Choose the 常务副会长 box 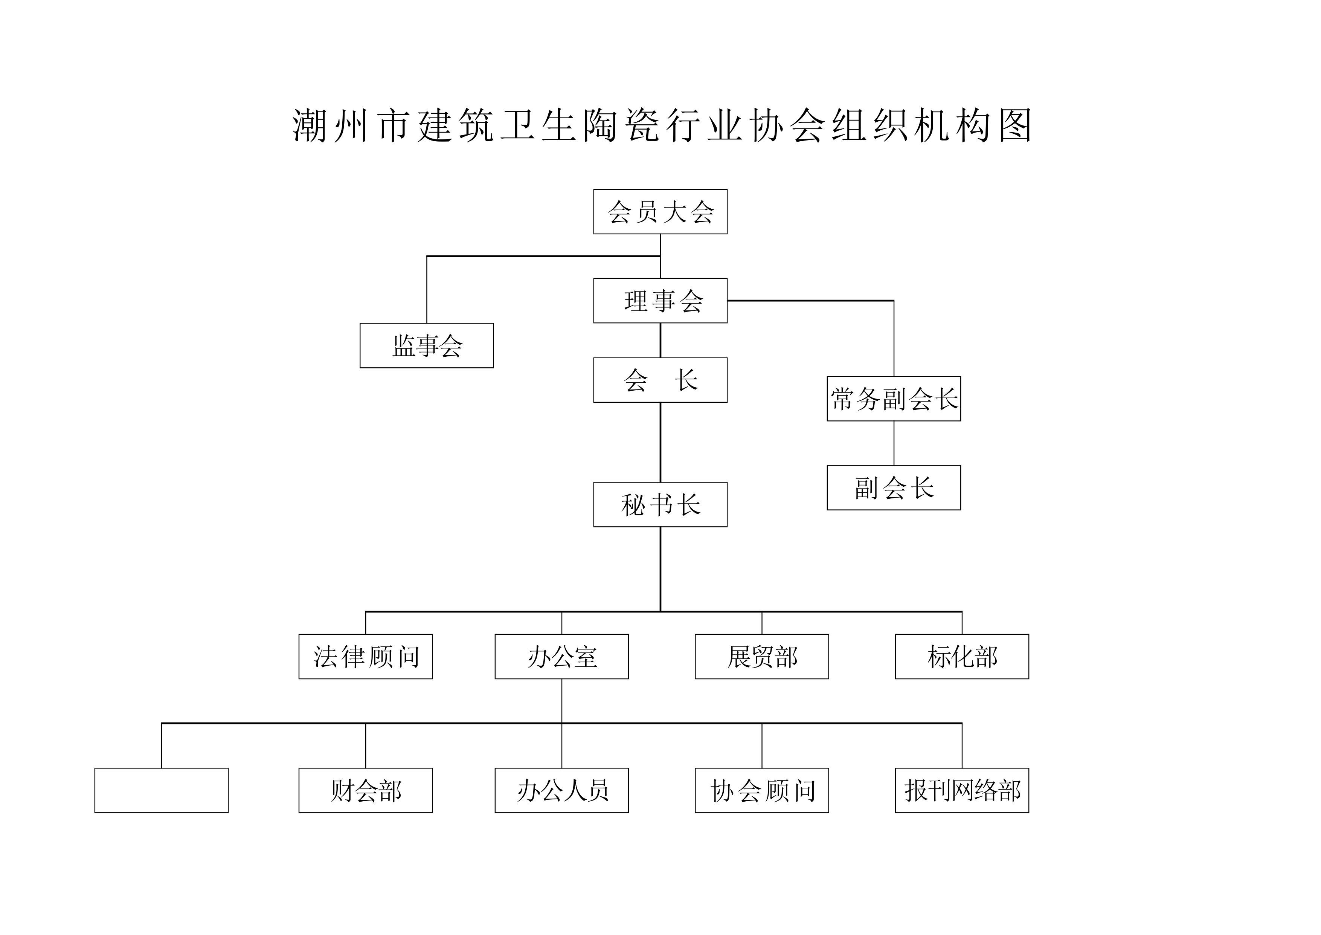point(894,399)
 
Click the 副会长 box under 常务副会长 point(894,487)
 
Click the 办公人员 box point(561,790)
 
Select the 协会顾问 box point(762,790)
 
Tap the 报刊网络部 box point(962,790)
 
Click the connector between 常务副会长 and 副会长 point(894,443)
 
